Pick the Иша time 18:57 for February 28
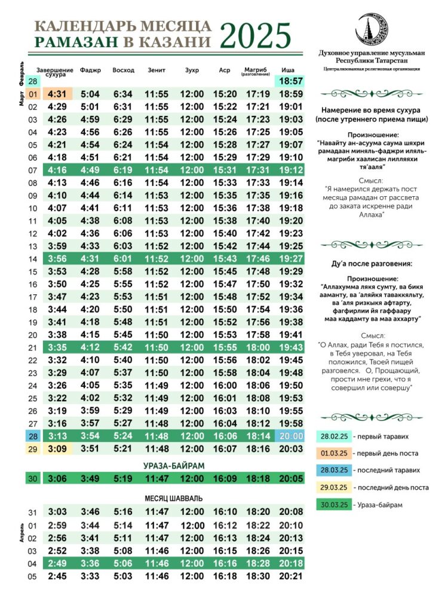click(290, 81)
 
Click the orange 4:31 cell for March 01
click(57, 94)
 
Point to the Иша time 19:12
click(290, 170)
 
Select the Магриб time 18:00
click(258, 347)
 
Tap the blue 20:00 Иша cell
click(290, 436)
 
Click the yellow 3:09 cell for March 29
click(57, 448)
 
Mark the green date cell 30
click(32, 478)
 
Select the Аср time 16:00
click(225, 386)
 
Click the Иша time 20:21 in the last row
click(290, 576)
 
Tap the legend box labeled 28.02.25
click(335, 437)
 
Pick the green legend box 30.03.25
click(335, 505)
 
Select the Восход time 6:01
click(123, 259)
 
